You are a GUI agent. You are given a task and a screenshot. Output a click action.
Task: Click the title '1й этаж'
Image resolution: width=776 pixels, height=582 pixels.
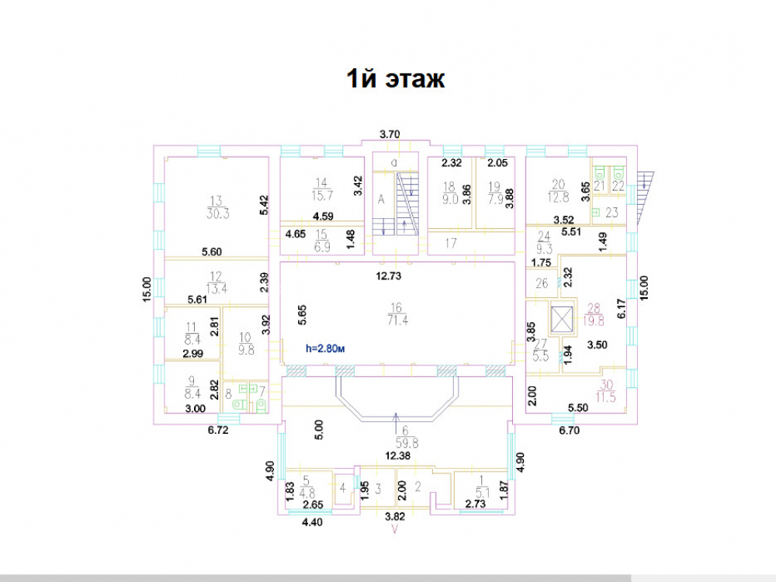[x=395, y=79]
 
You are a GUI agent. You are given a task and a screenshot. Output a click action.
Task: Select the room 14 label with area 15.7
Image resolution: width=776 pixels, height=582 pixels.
[x=320, y=190]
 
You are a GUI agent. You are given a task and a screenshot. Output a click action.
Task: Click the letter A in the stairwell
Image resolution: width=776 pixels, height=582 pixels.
[x=381, y=199]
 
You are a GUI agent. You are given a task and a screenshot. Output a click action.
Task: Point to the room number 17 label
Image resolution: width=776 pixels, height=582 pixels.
[x=450, y=244]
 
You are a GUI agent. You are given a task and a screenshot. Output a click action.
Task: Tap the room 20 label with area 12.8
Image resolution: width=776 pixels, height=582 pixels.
[x=560, y=189]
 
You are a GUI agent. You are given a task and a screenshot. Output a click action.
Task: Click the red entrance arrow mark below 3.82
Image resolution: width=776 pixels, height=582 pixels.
[x=396, y=530]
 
